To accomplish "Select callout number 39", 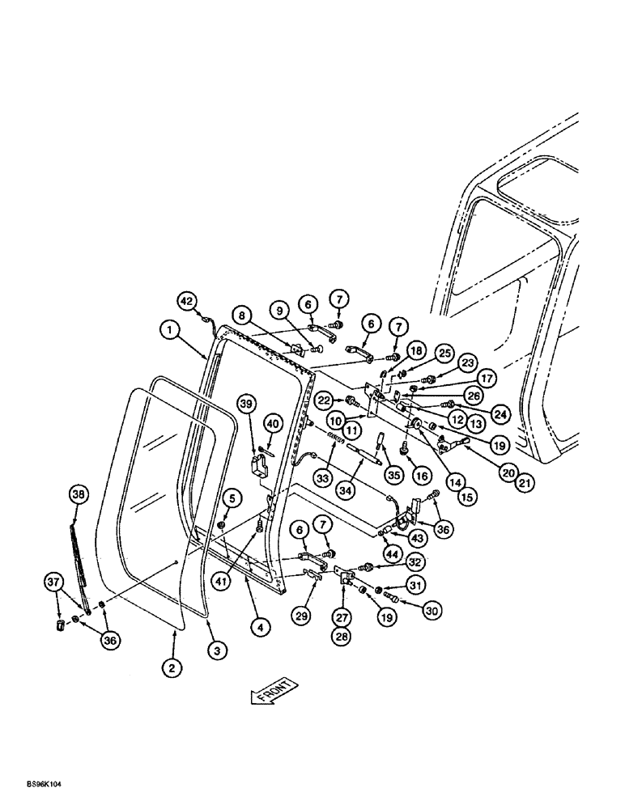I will pos(247,404).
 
